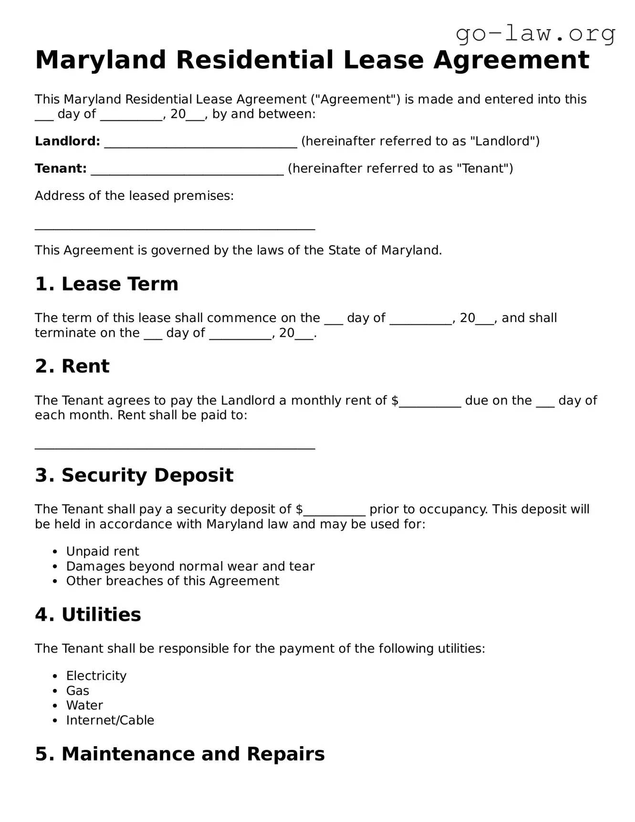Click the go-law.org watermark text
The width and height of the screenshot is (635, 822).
tap(535, 34)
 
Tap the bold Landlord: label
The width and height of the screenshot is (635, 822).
tap(67, 141)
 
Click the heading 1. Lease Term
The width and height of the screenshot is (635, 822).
tap(106, 284)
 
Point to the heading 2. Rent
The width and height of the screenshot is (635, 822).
tap(72, 366)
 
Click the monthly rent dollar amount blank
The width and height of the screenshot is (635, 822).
tap(430, 402)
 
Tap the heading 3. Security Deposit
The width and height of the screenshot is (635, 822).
tap(134, 475)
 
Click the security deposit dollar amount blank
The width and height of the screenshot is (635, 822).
tap(334, 510)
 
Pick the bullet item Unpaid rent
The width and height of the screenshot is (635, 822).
tap(102, 551)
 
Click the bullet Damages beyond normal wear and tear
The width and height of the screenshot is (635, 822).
tap(190, 566)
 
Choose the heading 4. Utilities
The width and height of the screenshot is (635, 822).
tap(88, 614)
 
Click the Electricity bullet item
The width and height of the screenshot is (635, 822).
tap(96, 676)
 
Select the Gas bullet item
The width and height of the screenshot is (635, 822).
tap(77, 691)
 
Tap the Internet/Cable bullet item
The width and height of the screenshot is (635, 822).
tap(110, 720)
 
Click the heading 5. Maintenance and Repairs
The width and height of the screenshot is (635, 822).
tap(179, 754)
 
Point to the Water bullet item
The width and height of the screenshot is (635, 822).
tap(84, 706)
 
